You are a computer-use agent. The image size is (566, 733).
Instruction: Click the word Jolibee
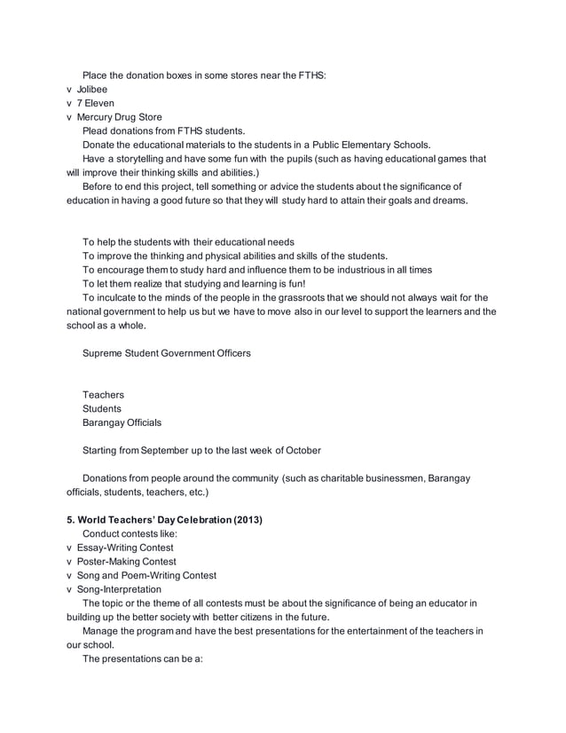[x=92, y=90]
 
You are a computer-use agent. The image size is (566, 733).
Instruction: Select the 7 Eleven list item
[x=96, y=103]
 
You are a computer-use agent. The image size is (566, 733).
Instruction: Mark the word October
[x=301, y=450]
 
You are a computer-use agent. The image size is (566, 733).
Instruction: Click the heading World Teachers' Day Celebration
[x=151, y=519]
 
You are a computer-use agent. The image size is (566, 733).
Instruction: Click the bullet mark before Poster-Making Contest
[x=70, y=562]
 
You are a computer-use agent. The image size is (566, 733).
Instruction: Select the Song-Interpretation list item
[x=120, y=589]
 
